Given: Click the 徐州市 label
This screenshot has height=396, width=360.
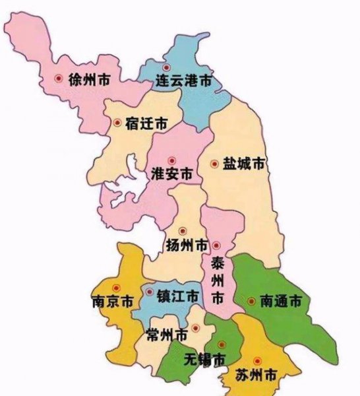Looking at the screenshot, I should (x=89, y=79).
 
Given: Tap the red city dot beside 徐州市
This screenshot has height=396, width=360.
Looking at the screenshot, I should (x=59, y=78).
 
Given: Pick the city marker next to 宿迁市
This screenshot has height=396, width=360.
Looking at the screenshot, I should (x=117, y=122).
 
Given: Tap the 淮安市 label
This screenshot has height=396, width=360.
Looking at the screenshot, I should (x=173, y=175).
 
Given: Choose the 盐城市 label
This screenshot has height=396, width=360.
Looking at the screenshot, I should (x=245, y=163).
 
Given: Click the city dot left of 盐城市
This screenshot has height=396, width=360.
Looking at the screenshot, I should (x=214, y=163).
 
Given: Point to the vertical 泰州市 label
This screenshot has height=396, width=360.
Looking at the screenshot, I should (x=217, y=280).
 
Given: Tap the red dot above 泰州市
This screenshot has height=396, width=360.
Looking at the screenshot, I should (x=216, y=246).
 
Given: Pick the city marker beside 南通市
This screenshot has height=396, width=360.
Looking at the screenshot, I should (x=251, y=301).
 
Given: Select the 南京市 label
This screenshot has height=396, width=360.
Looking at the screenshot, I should (x=110, y=302).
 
